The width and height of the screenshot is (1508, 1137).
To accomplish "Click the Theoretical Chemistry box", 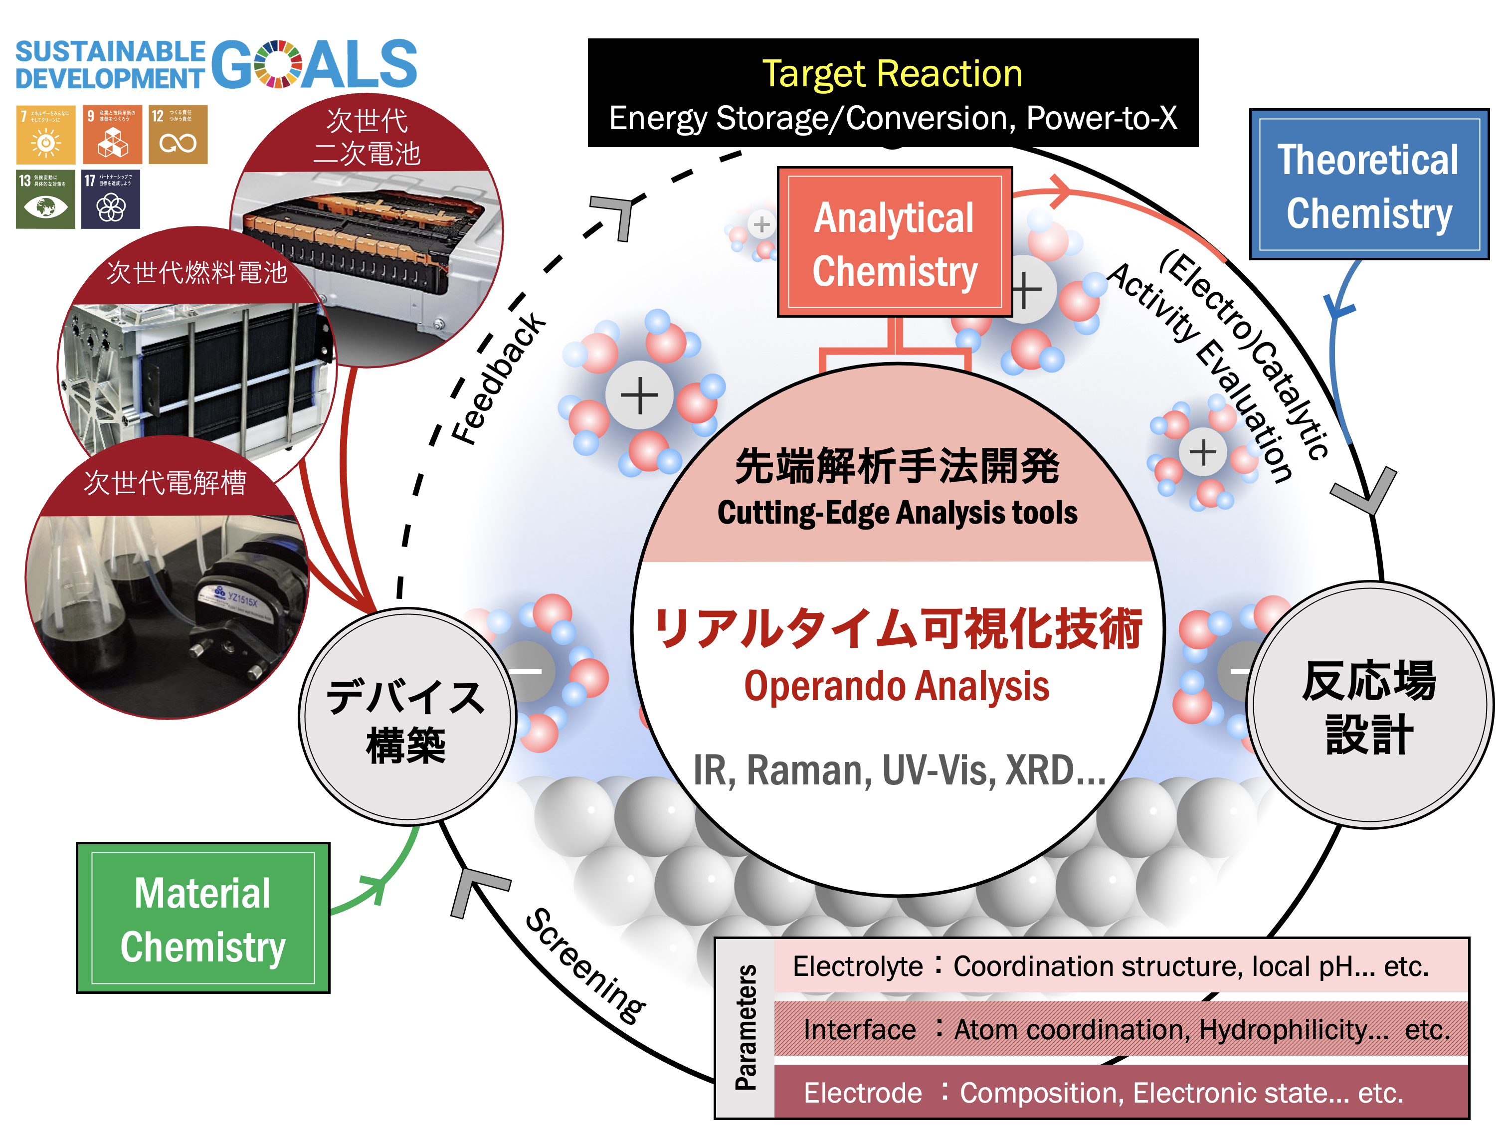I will (1368, 185).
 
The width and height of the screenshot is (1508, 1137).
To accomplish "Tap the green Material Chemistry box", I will (202, 918).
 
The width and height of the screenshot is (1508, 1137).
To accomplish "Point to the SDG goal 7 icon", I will (45, 134).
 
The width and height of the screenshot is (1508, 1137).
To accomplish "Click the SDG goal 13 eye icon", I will (45, 199).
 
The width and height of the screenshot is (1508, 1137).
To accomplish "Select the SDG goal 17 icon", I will (110, 199).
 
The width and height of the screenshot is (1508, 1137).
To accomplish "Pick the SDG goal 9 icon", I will (112, 134).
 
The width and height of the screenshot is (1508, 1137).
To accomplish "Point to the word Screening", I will (585, 966).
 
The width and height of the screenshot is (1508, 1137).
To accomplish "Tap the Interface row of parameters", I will (1125, 1029).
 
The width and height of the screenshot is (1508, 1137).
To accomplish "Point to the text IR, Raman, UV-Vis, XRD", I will (899, 770).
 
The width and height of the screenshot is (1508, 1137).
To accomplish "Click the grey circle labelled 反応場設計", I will (1369, 706).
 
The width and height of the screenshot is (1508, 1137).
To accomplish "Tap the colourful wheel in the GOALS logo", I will (277, 64).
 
